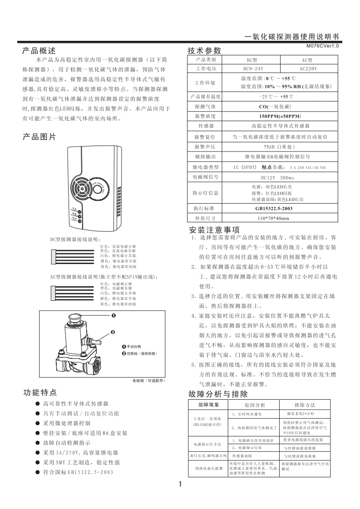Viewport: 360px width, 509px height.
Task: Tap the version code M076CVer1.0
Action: pos(322,46)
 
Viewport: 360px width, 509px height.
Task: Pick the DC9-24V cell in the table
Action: pos(252,69)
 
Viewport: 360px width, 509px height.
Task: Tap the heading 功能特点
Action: pos(40,393)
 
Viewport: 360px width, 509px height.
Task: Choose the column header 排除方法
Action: pos(305,405)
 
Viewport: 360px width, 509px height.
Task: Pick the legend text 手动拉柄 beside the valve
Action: pos(134,346)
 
